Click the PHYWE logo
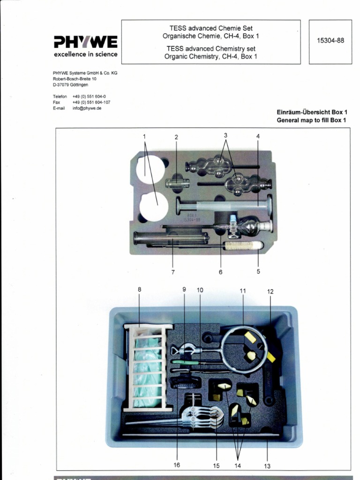click(x=85, y=42)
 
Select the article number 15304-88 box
click(x=330, y=41)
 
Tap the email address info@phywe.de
click(x=87, y=108)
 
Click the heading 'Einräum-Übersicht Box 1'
click(x=312, y=112)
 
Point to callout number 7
click(x=172, y=272)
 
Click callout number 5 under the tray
click(x=258, y=271)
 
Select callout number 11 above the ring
click(x=243, y=291)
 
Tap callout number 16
click(x=177, y=465)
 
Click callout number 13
click(x=267, y=466)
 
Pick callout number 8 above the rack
click(x=139, y=290)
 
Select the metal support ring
click(x=244, y=349)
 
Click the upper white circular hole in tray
click(x=150, y=170)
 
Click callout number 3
click(x=225, y=135)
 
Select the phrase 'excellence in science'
click(x=85, y=54)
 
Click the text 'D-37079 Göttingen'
click(x=70, y=85)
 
